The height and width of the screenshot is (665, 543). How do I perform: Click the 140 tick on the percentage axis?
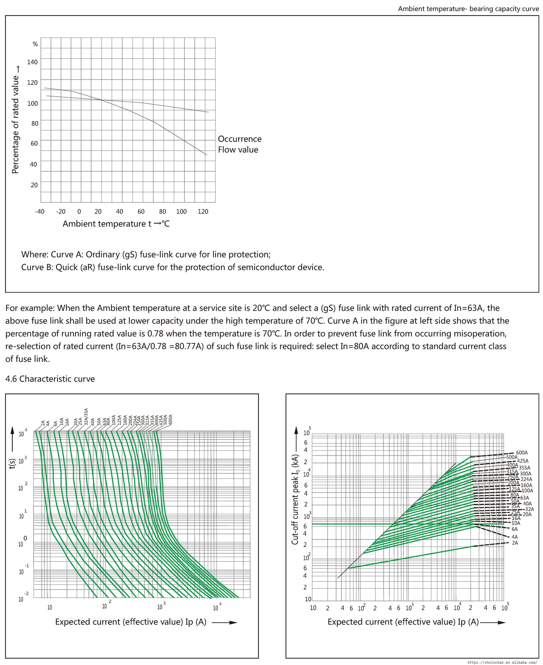coord(32,62)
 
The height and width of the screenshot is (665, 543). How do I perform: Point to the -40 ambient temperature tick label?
coord(40,212)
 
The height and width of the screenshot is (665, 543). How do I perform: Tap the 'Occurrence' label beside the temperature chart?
coord(240,139)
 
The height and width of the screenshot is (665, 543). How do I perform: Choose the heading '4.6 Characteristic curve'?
coord(50,379)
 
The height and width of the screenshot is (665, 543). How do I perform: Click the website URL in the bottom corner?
coord(504,662)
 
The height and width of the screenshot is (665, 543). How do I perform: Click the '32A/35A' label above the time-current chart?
coord(86,416)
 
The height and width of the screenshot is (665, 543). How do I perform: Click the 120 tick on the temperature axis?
coord(203,212)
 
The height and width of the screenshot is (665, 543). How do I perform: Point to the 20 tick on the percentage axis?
coord(34,185)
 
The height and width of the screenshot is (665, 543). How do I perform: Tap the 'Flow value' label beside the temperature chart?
coord(238,150)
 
